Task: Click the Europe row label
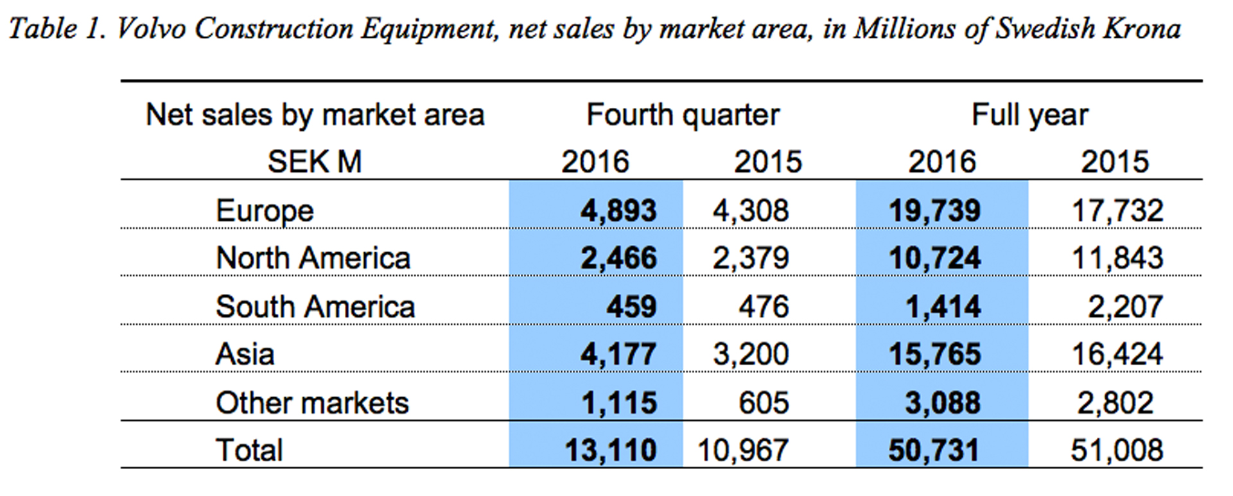(265, 211)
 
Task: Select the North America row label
(313, 259)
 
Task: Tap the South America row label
(315, 307)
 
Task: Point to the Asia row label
(245, 354)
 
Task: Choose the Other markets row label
(312, 403)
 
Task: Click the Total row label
(249, 450)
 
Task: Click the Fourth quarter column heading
(683, 115)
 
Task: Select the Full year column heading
(1029, 115)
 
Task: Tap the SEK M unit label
(314, 162)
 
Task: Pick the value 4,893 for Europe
(618, 211)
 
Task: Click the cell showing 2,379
(750, 259)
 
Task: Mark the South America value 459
(631, 307)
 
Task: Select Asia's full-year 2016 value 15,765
(934, 354)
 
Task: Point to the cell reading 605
(764, 403)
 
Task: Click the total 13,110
(610, 450)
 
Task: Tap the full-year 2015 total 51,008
(1117, 450)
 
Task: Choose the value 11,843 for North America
(1117, 259)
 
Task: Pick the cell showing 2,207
(1124, 307)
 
